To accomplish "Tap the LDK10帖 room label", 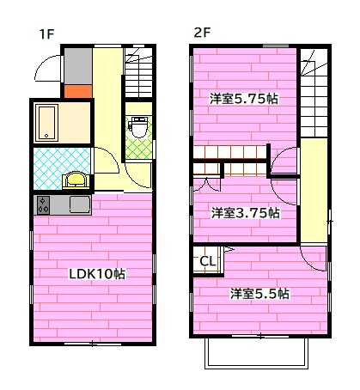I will (97, 274).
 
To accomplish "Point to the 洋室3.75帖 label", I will (246, 212).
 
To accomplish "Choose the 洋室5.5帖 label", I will (259, 294).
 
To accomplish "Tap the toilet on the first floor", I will (136, 126).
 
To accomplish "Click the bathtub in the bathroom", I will (46, 122).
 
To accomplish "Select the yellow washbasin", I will (76, 180).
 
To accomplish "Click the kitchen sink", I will (78, 206).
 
